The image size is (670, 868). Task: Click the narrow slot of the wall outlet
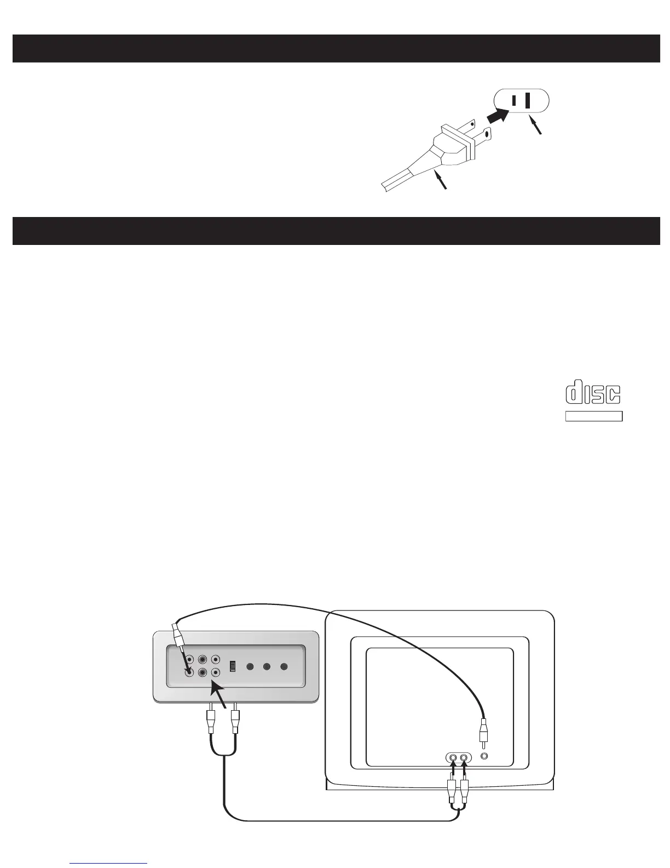tap(514, 101)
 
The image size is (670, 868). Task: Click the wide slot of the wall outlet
tap(528, 101)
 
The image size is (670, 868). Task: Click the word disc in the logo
tap(593, 393)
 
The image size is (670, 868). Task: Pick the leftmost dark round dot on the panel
tap(250, 667)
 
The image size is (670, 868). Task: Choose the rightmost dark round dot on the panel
tap(284, 667)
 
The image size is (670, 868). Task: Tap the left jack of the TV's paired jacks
tap(453, 758)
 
